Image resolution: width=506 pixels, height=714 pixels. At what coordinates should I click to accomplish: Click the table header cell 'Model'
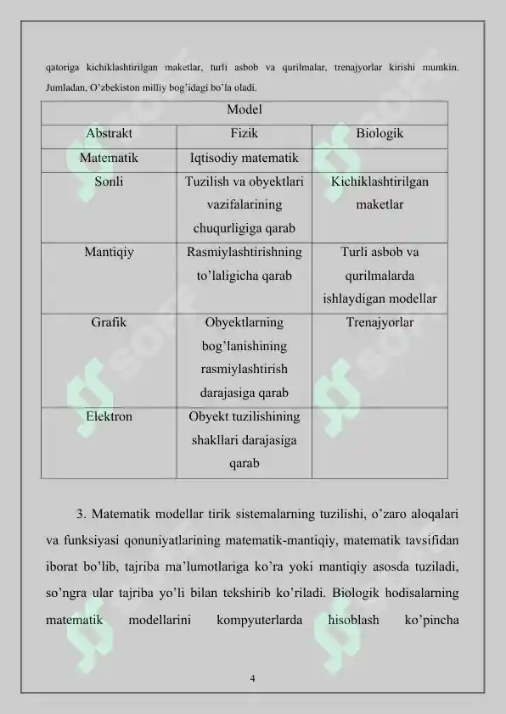click(244, 110)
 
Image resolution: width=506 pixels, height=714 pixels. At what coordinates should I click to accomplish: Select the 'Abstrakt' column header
click(108, 134)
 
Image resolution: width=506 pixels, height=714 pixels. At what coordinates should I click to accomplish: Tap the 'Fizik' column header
click(245, 134)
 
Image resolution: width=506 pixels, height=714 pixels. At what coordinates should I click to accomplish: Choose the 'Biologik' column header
click(379, 134)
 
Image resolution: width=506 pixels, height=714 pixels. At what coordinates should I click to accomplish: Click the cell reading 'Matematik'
click(108, 158)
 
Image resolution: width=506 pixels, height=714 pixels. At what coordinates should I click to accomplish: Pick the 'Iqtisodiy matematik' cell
click(244, 158)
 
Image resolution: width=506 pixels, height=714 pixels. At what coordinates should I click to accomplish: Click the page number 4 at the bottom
click(253, 678)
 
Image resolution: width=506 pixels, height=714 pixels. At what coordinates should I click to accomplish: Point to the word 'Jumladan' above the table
click(65, 87)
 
